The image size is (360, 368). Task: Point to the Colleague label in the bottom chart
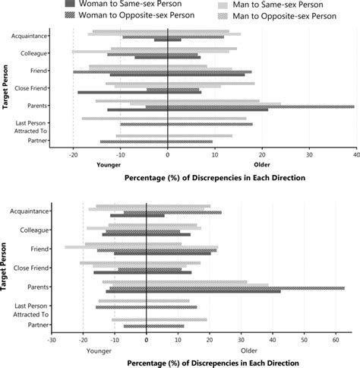point(35,230)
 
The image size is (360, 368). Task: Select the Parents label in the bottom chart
point(38,287)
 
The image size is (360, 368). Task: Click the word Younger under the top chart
point(109,164)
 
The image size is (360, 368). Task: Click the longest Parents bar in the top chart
point(251,106)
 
